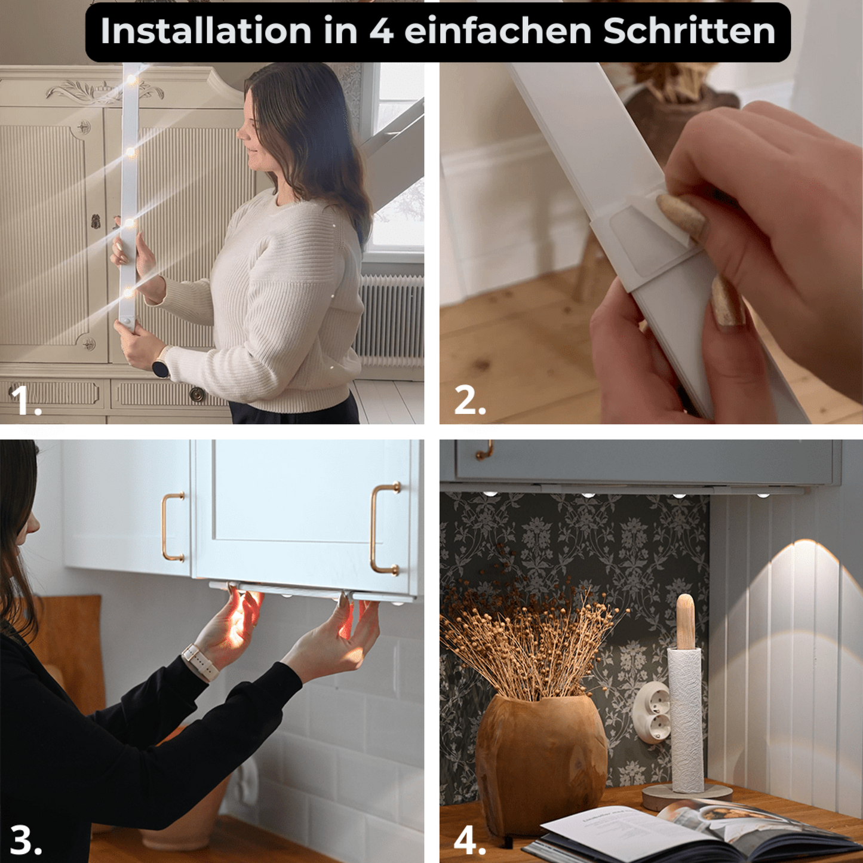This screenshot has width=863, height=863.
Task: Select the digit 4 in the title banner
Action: tap(381, 31)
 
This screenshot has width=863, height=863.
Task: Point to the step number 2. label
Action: tap(469, 400)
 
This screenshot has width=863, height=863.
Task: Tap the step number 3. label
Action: tap(26, 840)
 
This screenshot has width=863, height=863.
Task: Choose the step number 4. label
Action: tap(469, 840)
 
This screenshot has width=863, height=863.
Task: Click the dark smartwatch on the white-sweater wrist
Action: tap(161, 368)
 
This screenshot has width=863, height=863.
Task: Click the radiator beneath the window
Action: tap(391, 320)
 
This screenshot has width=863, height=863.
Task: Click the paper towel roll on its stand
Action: tap(687, 717)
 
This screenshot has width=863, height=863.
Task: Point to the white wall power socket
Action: tap(652, 712)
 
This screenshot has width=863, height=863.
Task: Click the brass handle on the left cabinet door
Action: tap(173, 527)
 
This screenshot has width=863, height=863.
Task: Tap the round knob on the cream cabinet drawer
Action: tap(196, 394)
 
